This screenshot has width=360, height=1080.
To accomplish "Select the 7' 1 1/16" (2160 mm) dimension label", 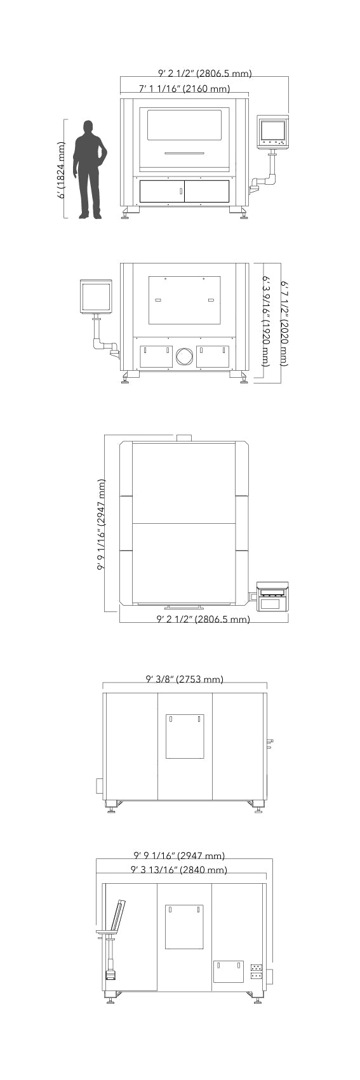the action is point(184,89).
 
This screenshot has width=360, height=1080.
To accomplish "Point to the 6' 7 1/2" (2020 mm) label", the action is point(285,324).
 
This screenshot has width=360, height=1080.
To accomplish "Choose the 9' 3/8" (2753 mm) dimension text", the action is point(185,679).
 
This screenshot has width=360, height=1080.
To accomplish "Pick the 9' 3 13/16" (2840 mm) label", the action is point(179,870).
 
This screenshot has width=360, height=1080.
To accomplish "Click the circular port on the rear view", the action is point(184,356).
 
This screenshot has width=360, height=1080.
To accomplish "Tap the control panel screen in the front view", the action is point(272,130).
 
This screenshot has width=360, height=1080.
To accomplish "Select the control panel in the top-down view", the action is point(273,597).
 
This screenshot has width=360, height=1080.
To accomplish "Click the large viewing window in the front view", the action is point(184,125).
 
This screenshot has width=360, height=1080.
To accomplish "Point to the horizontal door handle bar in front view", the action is point(184,153).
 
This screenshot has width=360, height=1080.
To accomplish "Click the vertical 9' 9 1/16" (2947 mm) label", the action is point(101,524).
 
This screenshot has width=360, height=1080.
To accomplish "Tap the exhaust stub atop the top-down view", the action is point(184,437).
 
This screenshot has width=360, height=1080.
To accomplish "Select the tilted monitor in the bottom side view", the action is point(116,915).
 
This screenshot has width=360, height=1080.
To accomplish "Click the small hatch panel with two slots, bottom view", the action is point(228,971).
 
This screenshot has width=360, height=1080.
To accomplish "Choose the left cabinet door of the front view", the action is point(162,191).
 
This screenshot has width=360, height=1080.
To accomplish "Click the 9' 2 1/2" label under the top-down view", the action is point(203,619).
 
